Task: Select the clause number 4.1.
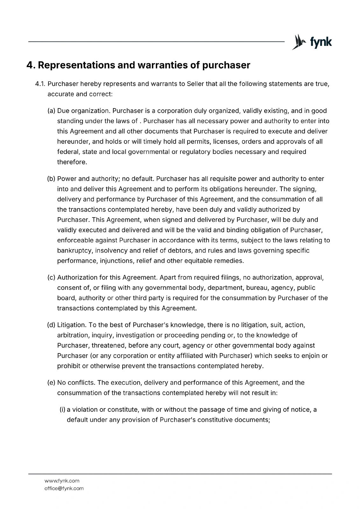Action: pyautogui.click(x=40, y=84)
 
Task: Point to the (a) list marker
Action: pyautogui.click(x=51, y=111)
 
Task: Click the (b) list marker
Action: pyautogui.click(x=51, y=179)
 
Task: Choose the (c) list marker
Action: pyautogui.click(x=51, y=278)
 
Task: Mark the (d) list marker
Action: pyautogui.click(x=51, y=325)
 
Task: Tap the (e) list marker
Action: pyautogui.click(x=51, y=383)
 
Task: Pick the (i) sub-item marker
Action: pyautogui.click(x=62, y=410)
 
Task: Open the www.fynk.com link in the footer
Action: pyautogui.click(x=62, y=481)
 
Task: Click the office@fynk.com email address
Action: pyautogui.click(x=64, y=488)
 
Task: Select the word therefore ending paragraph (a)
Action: pyautogui.click(x=72, y=162)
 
